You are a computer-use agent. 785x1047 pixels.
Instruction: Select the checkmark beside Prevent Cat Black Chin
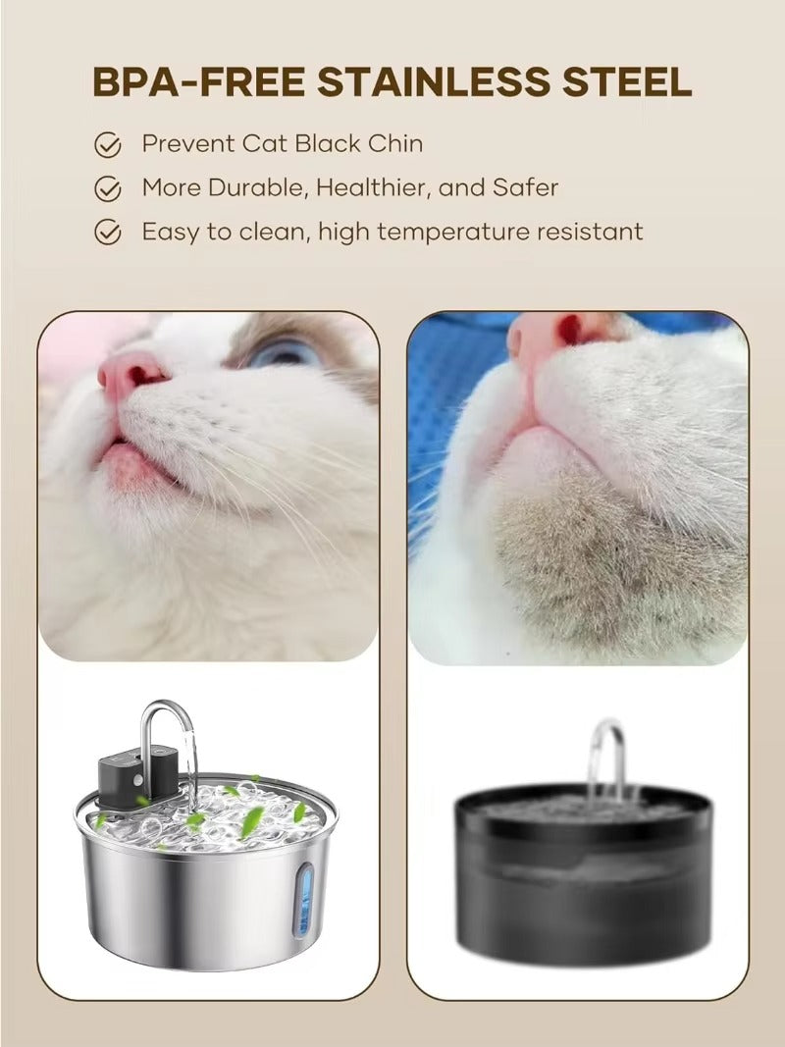pos(107,145)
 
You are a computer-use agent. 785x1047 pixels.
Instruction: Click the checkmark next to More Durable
pos(107,188)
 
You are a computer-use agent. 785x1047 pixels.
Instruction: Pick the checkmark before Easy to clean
pos(107,233)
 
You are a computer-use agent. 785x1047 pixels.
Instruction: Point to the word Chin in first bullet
pos(395,143)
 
